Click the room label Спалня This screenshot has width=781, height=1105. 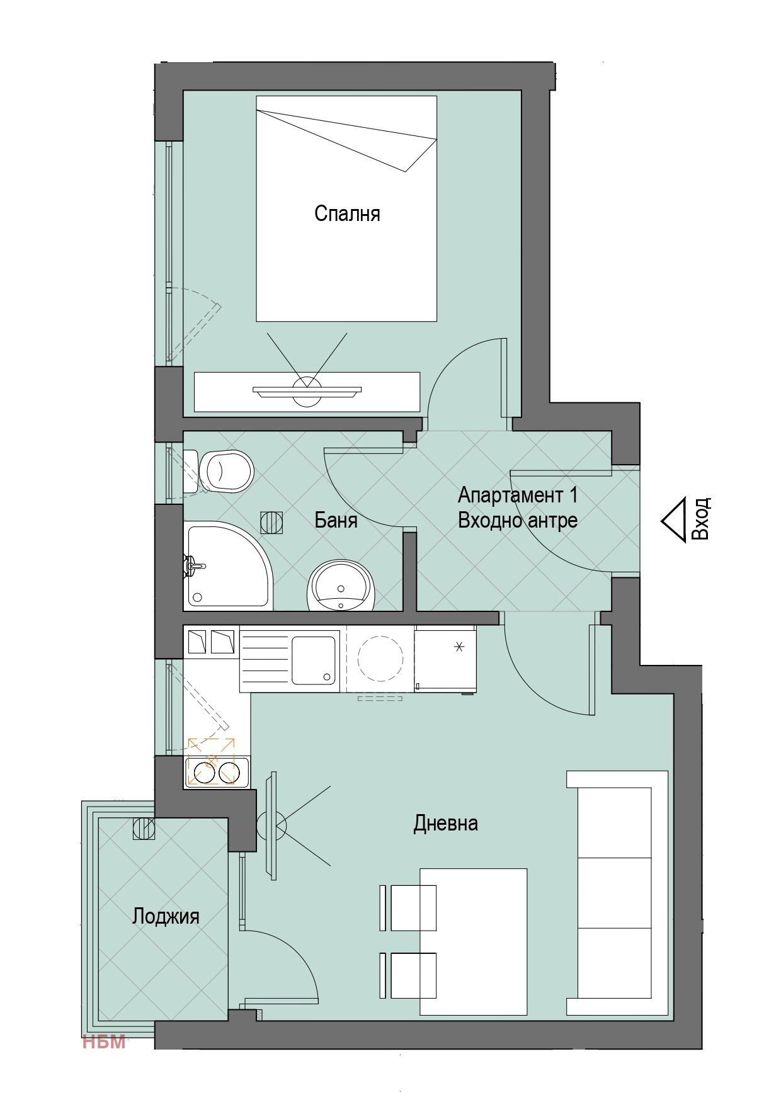347,214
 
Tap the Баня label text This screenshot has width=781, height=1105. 336,520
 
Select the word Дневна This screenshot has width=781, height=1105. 445,823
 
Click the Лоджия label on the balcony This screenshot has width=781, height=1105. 166,917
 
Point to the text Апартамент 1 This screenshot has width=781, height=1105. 518,495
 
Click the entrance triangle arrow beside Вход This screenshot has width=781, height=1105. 673,520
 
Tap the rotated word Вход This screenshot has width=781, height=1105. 701,519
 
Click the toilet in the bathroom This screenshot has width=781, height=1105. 220,470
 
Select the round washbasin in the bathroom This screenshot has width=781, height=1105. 341,586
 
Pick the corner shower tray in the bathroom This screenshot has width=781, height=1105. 228,565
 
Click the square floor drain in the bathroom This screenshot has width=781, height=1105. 271,522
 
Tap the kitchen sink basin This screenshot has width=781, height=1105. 313,660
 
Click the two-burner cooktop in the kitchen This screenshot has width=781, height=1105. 216,771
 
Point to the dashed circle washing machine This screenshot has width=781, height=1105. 380,659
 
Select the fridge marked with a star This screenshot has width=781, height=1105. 445,659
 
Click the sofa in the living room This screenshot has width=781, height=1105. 617,893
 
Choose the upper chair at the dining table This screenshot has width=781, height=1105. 409,907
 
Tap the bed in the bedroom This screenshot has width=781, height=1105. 346,208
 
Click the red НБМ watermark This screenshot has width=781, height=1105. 104,1042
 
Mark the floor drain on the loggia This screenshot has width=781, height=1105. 143,828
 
